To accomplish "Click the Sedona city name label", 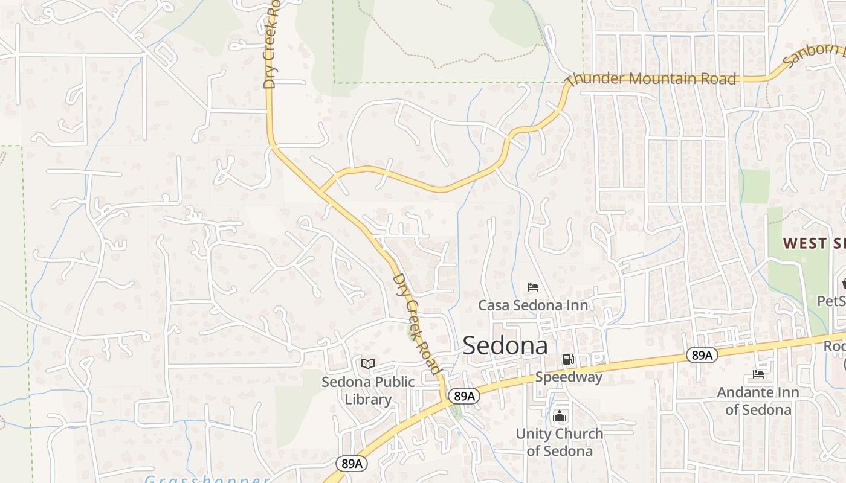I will tap(505, 345).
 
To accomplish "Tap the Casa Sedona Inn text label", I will tap(533, 305).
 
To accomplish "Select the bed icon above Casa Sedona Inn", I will tap(533, 287).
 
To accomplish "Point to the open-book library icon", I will tap(367, 363).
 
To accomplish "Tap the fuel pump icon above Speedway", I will tap(568, 359).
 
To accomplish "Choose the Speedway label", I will tap(569, 377).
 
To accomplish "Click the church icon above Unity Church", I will tap(560, 416).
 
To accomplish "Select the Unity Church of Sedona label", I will tap(559, 442).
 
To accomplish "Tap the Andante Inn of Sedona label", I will tap(758, 401).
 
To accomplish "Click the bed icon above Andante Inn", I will tap(758, 374).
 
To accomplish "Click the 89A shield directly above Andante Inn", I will tap(702, 355).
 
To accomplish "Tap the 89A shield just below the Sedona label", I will tap(464, 396).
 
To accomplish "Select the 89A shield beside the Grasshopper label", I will tap(351, 464).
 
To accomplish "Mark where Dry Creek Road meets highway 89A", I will tap(446, 399).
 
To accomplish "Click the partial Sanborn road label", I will tap(813, 54).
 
